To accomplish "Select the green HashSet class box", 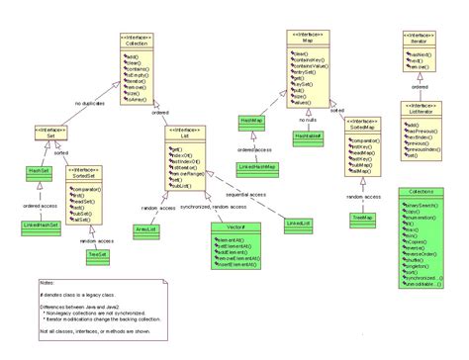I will click(41, 170).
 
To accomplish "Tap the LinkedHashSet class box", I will click(42, 226).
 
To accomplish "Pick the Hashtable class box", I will click(308, 134).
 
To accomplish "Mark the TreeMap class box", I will click(361, 216).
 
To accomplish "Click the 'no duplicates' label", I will click(92, 101).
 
